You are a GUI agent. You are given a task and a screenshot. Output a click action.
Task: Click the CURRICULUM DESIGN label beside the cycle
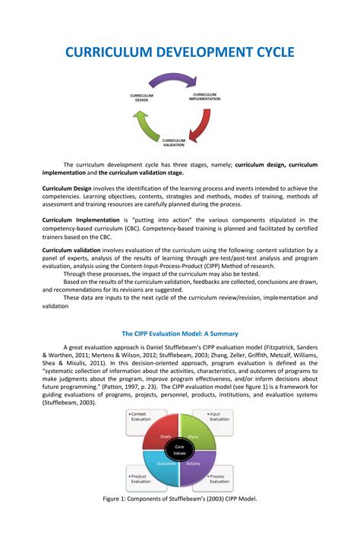click(142, 97)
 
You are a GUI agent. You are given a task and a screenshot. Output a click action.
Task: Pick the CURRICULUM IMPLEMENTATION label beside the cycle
click(204, 96)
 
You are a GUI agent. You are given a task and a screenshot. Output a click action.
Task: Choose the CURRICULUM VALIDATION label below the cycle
click(173, 142)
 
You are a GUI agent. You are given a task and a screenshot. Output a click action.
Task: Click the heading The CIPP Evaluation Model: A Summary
click(180, 333)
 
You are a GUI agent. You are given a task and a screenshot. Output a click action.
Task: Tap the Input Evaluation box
click(219, 416)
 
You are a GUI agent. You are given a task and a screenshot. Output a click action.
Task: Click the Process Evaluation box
click(219, 479)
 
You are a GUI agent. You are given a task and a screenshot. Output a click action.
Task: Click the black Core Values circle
click(179, 449)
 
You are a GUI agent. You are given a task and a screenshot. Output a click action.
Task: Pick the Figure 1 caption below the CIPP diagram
click(180, 499)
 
